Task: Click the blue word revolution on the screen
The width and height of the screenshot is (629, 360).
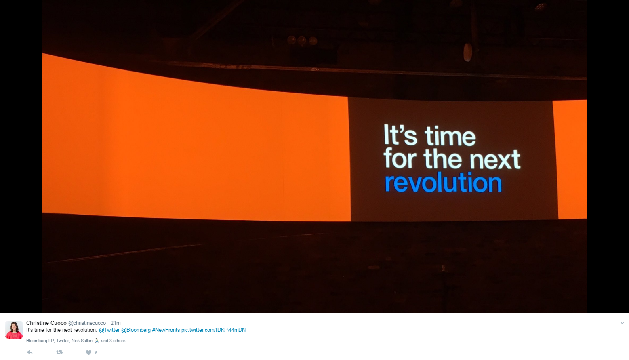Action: pyautogui.click(x=443, y=183)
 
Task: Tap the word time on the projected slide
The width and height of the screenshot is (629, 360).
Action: pyautogui.click(x=450, y=136)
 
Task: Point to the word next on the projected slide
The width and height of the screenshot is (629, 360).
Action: pyautogui.click(x=495, y=160)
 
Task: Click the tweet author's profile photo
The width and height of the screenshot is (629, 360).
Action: pyautogui.click(x=14, y=330)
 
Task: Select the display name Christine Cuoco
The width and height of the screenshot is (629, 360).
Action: pyautogui.click(x=46, y=323)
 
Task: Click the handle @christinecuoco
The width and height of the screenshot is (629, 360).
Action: pyautogui.click(x=87, y=323)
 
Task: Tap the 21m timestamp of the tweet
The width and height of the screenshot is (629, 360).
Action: pyautogui.click(x=116, y=323)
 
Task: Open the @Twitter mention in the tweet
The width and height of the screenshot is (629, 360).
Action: pyautogui.click(x=109, y=330)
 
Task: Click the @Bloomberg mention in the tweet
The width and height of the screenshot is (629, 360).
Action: pyautogui.click(x=136, y=330)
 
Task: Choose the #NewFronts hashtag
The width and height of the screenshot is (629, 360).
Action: pyautogui.click(x=166, y=330)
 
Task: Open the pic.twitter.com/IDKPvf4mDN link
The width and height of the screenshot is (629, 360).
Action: pyautogui.click(x=213, y=330)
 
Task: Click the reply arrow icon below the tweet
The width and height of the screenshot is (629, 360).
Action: pyautogui.click(x=30, y=352)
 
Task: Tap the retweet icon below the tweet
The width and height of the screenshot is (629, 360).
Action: pyautogui.click(x=59, y=352)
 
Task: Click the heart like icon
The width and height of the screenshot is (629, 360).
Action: pyautogui.click(x=88, y=352)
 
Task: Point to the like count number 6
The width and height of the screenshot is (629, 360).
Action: pyautogui.click(x=96, y=353)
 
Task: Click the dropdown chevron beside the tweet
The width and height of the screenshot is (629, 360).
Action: pyautogui.click(x=622, y=323)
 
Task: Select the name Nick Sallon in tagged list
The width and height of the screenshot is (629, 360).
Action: pyautogui.click(x=82, y=341)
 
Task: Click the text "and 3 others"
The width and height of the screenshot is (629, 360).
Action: pyautogui.click(x=113, y=341)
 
